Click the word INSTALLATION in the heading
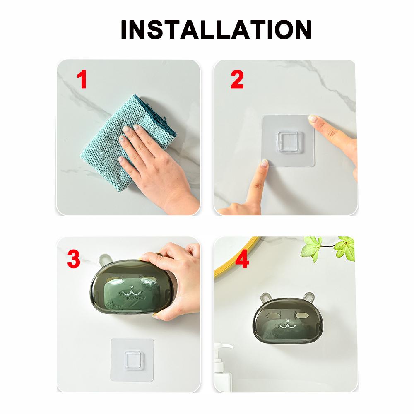(216, 29)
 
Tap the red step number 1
(82, 79)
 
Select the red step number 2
(237, 79)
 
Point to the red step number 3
(74, 259)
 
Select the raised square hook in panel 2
(289, 142)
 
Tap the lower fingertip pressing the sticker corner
(265, 163)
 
